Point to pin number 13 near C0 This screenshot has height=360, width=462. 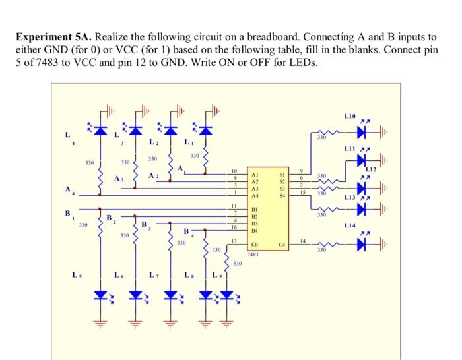pos(234,241)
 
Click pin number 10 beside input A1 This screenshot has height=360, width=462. pos(234,171)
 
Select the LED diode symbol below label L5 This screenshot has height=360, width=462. pos(100,295)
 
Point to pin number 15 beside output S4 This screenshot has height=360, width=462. pos(302,192)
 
